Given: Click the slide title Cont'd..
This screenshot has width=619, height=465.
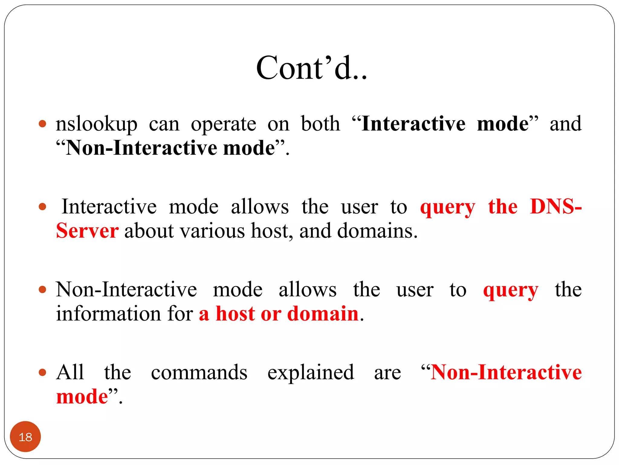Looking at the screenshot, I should [x=311, y=68].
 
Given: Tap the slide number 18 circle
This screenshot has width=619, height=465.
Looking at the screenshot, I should [x=25, y=437].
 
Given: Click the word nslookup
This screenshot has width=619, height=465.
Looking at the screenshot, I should [x=96, y=124].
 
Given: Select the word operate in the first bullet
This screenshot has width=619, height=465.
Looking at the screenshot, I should [x=223, y=124].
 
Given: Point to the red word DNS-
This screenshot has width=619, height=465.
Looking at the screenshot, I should [x=556, y=207].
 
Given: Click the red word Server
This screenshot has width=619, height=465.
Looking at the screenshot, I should [x=87, y=231].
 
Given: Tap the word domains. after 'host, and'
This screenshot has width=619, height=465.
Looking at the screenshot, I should [x=377, y=231].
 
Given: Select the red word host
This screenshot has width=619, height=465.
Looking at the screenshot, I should [x=235, y=314].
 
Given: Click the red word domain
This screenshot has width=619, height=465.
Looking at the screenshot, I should [x=322, y=314].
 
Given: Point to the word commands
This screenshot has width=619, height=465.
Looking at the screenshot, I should [x=199, y=372].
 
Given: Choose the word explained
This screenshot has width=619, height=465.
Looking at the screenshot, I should [x=311, y=372].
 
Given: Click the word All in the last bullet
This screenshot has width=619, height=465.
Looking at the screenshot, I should [x=70, y=372].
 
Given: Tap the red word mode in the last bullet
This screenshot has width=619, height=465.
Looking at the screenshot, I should [x=82, y=397].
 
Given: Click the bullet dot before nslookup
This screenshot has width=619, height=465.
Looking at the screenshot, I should [x=43, y=124].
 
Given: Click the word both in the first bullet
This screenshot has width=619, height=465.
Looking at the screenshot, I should [x=320, y=124].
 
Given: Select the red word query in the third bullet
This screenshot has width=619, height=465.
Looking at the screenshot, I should [x=510, y=290].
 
